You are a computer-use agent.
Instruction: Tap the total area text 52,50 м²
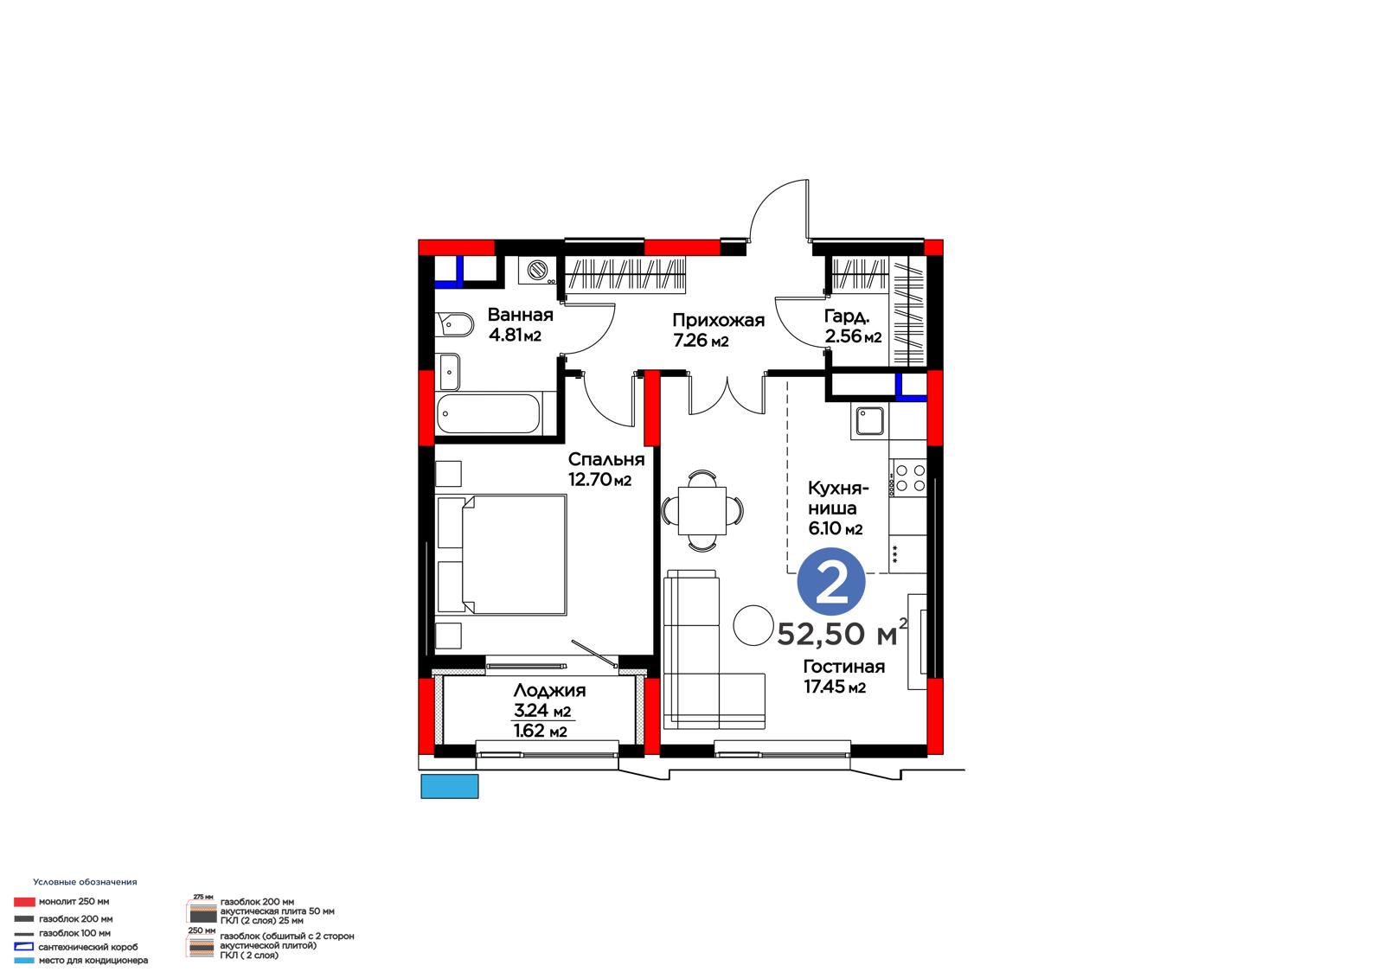pyautogui.click(x=843, y=632)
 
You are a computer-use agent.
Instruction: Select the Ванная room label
pyautogui.click(x=520, y=315)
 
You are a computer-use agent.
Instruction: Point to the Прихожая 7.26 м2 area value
pyautogui.click(x=701, y=340)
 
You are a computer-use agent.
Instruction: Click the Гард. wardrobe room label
pyautogui.click(x=847, y=316)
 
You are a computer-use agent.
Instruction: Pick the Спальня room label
pyautogui.click(x=606, y=459)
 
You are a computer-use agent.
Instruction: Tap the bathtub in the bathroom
pyautogui.click(x=488, y=413)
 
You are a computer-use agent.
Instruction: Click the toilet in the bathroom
pyautogui.click(x=454, y=324)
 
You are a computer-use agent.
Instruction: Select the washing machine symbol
pyautogui.click(x=536, y=270)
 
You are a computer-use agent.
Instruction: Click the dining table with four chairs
pyautogui.click(x=702, y=510)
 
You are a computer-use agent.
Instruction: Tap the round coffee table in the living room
pyautogui.click(x=753, y=624)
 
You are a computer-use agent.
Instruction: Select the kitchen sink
pyautogui.click(x=869, y=421)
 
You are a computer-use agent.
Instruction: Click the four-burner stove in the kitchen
pyautogui.click(x=907, y=477)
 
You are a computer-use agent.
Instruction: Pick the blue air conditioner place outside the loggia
pyautogui.click(x=450, y=786)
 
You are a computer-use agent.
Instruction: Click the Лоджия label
pyautogui.click(x=549, y=690)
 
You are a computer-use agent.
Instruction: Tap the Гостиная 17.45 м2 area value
pyautogui.click(x=834, y=687)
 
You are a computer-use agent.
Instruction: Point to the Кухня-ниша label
pyautogui.click(x=838, y=498)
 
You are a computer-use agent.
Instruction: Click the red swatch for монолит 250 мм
pyautogui.click(x=24, y=902)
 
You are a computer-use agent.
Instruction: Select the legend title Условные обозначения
pyautogui.click(x=86, y=882)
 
